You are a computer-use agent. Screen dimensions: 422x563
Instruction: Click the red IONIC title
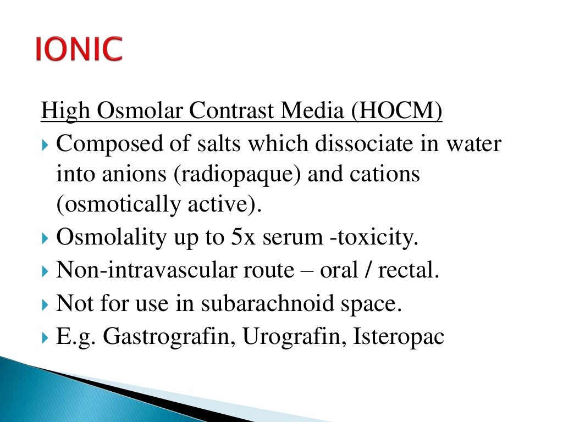click(x=79, y=49)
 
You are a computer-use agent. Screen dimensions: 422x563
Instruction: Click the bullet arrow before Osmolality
click(x=46, y=238)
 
